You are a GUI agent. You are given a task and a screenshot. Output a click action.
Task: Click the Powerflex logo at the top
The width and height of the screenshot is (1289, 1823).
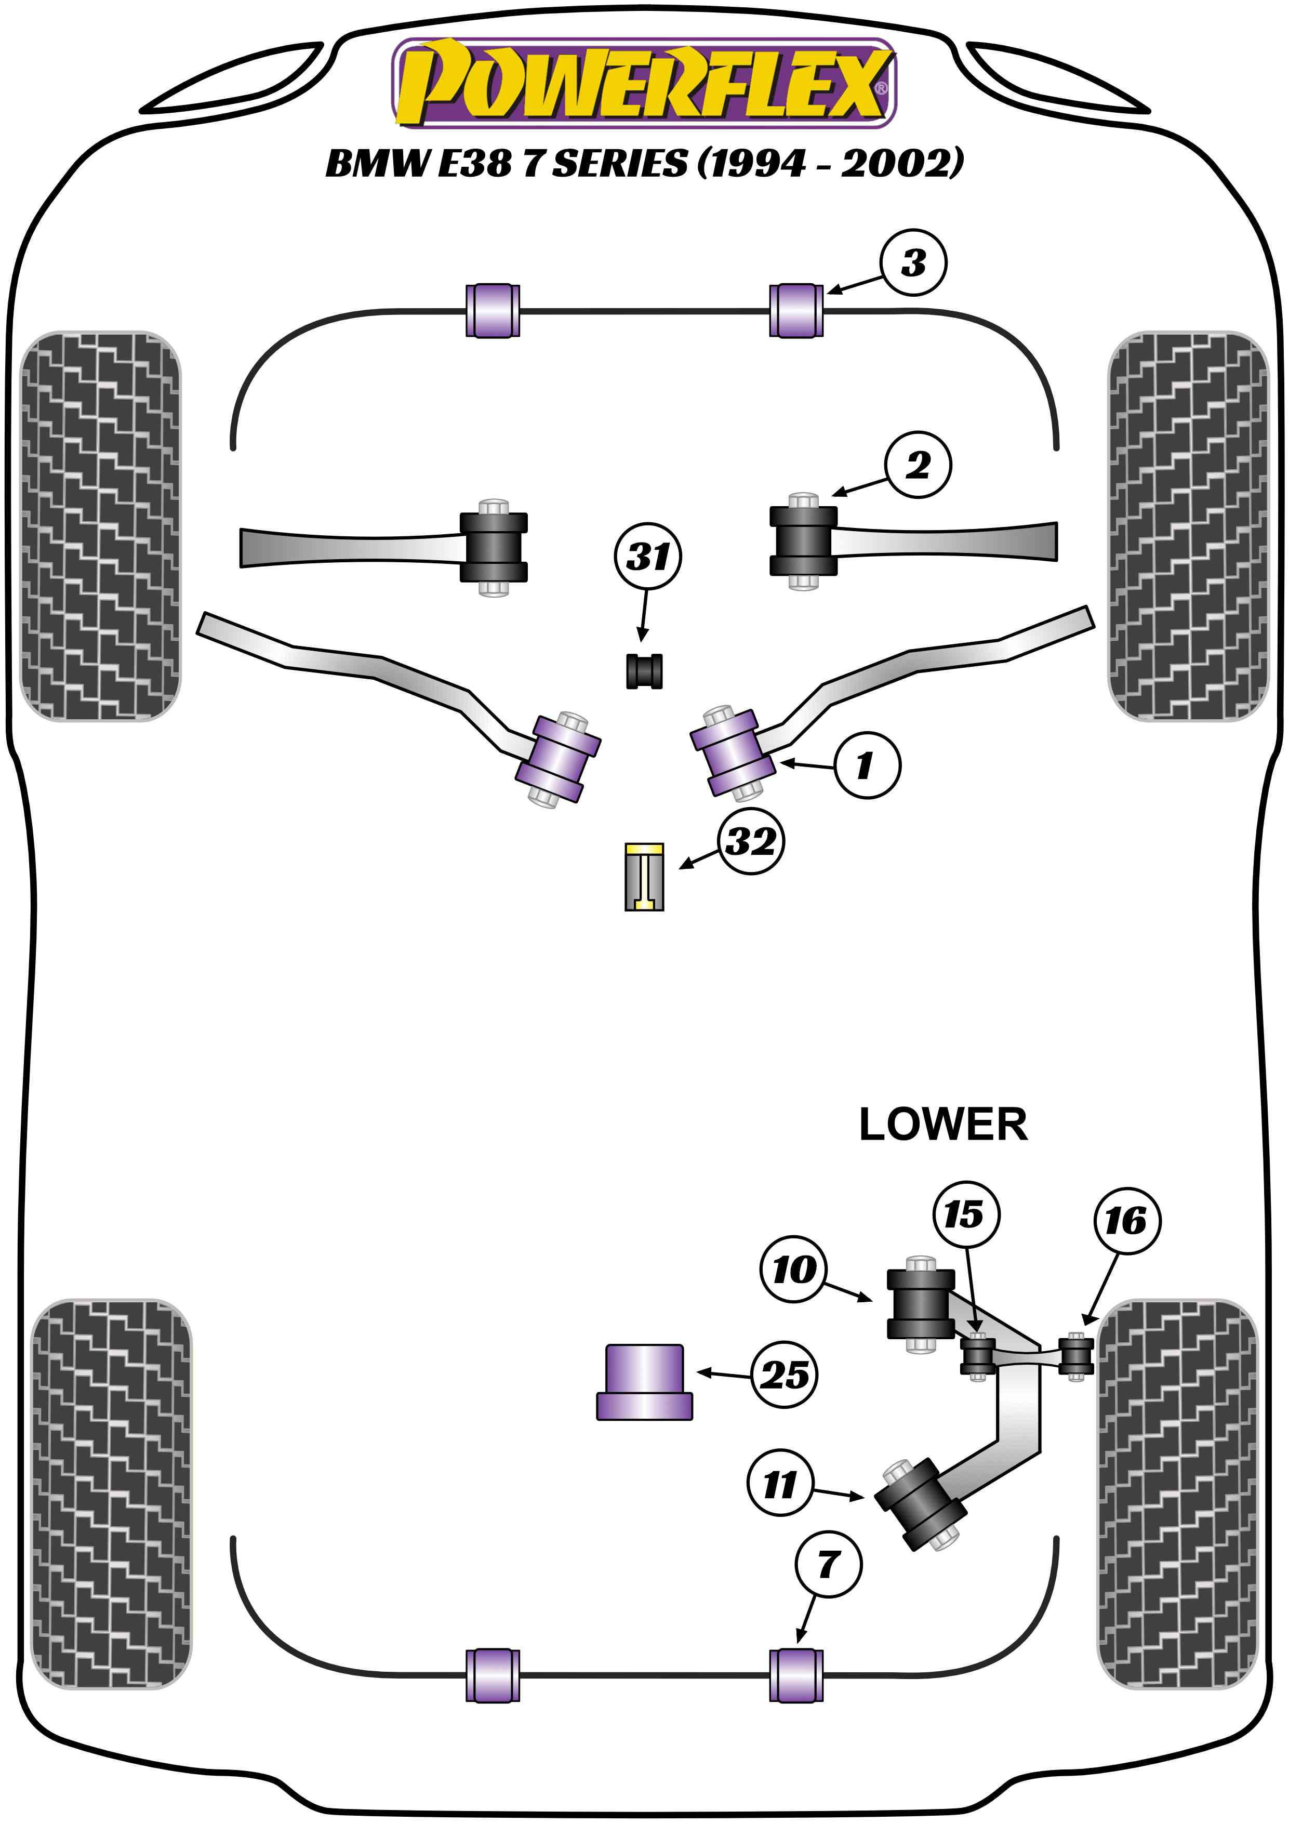[x=644, y=83]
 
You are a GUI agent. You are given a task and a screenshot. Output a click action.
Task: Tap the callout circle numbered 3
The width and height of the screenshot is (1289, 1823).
[x=913, y=263]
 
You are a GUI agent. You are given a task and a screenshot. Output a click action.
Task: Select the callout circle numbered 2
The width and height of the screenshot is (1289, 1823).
[x=918, y=465]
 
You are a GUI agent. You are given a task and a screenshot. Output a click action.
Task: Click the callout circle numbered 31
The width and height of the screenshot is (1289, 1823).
[x=648, y=557]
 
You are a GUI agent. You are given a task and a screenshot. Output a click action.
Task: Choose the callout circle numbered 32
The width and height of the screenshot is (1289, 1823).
[x=751, y=842]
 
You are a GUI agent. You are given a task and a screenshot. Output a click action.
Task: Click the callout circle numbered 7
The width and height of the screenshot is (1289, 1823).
[x=828, y=1564]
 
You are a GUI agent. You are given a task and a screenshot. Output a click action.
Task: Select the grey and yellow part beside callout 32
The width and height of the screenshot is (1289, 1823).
[x=644, y=877]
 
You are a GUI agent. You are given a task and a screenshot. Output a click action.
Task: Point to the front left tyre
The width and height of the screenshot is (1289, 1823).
[x=100, y=525]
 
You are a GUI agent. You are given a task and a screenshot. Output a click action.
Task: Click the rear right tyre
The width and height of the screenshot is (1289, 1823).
[x=1177, y=1492]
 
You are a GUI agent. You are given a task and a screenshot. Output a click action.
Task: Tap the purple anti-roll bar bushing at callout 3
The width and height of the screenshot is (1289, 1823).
[x=796, y=310]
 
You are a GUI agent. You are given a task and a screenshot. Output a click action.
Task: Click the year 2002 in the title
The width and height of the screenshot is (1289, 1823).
[x=897, y=164]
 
